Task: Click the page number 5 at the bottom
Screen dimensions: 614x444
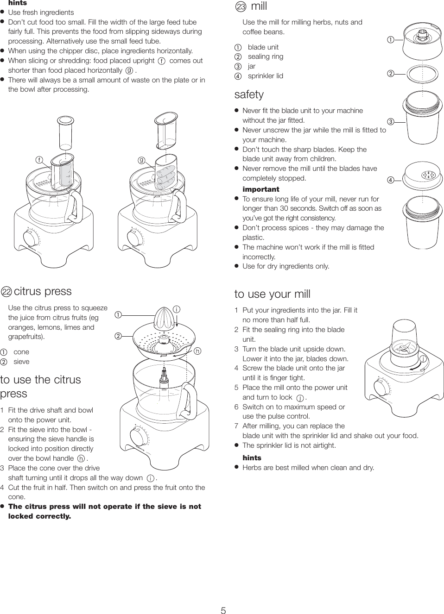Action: coord(223,610)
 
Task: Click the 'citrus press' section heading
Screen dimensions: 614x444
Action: coord(43,291)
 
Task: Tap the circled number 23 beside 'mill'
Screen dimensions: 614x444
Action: coord(241,6)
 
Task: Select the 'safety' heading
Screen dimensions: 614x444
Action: coord(249,94)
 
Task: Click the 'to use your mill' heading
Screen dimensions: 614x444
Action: coord(272,294)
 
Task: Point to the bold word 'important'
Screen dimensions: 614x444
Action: coord(260,189)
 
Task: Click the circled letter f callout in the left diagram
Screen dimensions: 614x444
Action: coord(39,160)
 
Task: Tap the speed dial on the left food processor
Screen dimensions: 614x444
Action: coord(31,238)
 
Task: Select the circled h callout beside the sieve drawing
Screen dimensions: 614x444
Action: coord(197,351)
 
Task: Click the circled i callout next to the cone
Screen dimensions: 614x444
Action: coord(177,309)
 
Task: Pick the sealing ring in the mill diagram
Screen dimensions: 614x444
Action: coord(422,73)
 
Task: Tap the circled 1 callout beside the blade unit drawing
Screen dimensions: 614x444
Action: coord(391,40)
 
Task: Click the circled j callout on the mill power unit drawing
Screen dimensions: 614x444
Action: coord(423,359)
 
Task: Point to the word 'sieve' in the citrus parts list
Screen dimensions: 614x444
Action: coord(21,362)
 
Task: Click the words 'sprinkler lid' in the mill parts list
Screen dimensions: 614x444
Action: coord(265,76)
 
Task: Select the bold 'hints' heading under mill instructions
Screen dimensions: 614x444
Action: coord(252,457)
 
